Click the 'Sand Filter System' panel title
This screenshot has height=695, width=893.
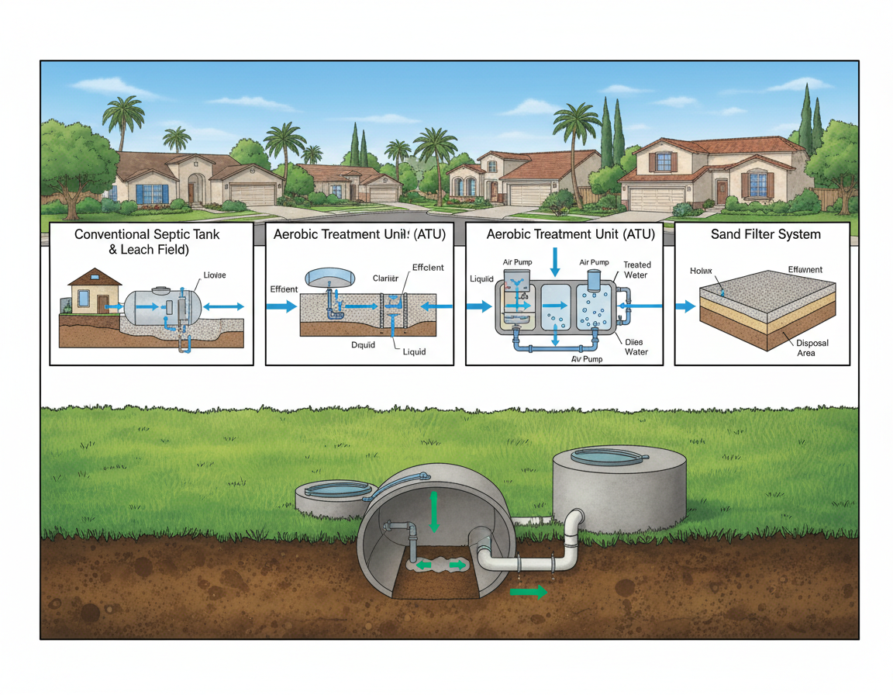[x=765, y=234]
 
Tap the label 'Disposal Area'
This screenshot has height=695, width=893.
[x=806, y=347]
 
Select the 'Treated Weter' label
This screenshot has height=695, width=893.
[x=637, y=270]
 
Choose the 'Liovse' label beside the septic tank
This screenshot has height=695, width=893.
[x=215, y=275]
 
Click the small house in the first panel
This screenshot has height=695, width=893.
[x=91, y=292]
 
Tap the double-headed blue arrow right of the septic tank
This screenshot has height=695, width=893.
[x=227, y=307]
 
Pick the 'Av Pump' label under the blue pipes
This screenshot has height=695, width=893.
[x=587, y=359]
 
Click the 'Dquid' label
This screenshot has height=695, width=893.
[x=363, y=344]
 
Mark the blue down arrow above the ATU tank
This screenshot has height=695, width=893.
[x=555, y=262]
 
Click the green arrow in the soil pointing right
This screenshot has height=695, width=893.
[x=528, y=592]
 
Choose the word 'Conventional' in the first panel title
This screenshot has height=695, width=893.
[x=110, y=233]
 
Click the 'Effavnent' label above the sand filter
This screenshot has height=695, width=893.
[x=805, y=270]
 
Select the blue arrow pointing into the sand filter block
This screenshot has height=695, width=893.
[x=685, y=306]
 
